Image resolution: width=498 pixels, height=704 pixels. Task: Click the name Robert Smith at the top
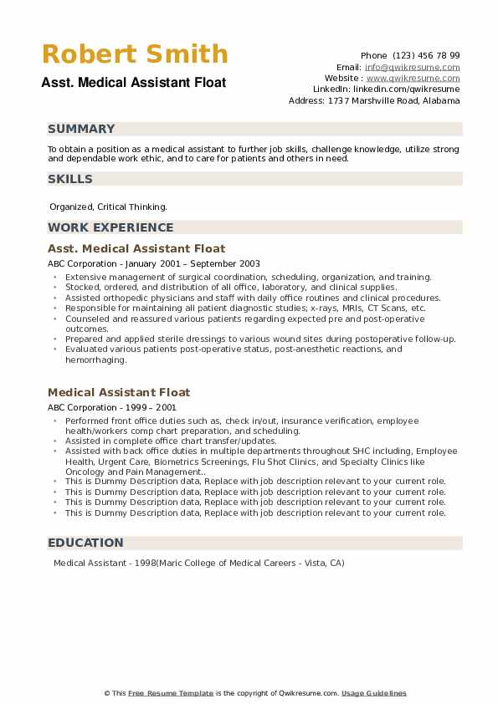[x=135, y=54]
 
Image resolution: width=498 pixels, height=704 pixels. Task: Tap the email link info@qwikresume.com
[x=412, y=67]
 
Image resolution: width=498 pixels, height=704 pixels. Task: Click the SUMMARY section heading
[x=81, y=129]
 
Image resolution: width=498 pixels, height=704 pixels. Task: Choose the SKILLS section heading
[x=70, y=179]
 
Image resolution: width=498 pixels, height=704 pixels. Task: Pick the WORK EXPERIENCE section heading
[x=110, y=227]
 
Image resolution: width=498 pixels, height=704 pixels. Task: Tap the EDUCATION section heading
[x=85, y=543]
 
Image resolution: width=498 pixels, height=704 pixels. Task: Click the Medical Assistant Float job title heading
[x=119, y=392]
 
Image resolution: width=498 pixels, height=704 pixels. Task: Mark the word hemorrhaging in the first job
[x=96, y=360]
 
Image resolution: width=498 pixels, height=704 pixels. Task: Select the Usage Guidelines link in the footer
[x=374, y=693]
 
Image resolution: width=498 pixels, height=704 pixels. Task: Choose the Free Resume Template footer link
[x=172, y=693]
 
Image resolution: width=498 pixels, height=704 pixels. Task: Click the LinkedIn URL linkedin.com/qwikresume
[x=410, y=89]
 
